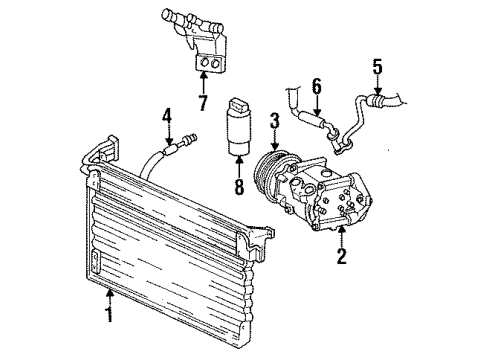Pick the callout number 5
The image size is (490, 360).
click(x=377, y=67)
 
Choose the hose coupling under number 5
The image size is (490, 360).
click(x=376, y=101)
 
